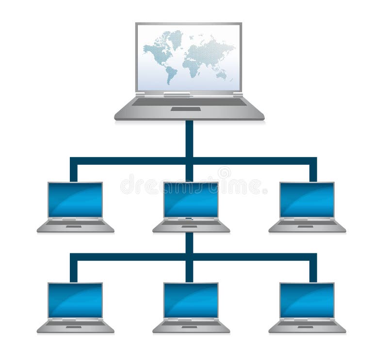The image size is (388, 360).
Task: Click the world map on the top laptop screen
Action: coord(189,56)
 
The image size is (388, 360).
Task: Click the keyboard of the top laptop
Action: coord(189,101)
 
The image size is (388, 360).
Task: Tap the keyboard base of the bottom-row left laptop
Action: coord(75,326)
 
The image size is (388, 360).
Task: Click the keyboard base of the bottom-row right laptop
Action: coord(307,326)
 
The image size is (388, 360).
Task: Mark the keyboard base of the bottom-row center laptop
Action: coord(191,326)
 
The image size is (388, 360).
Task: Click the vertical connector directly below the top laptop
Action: coord(189,138)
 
